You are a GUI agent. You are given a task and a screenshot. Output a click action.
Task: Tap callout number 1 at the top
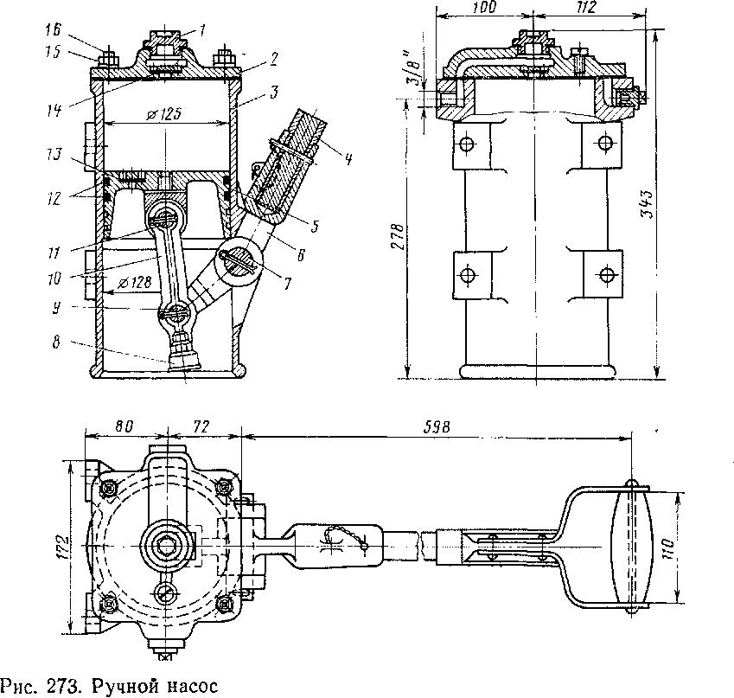201,29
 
